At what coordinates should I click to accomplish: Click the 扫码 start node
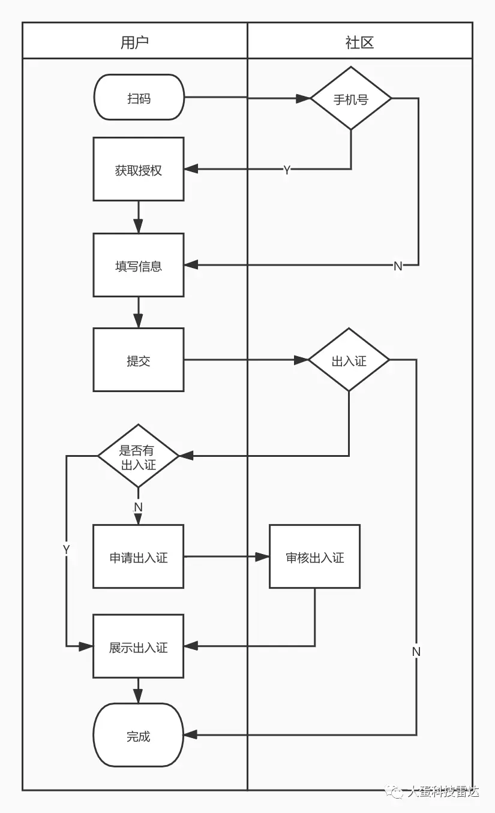[139, 97]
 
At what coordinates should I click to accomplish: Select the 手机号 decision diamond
[350, 99]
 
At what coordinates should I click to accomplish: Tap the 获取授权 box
[139, 169]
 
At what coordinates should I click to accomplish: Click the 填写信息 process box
[139, 265]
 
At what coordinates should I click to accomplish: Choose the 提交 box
[139, 360]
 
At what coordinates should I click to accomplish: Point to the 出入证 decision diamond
[349, 360]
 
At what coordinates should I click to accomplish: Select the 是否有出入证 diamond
[139, 456]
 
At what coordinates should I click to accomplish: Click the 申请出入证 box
[139, 556]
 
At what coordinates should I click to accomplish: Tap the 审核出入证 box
[314, 556]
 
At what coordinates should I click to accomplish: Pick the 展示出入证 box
[139, 646]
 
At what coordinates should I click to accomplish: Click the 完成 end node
[139, 735]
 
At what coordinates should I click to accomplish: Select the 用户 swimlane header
[135, 41]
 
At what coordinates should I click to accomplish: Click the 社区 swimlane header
[359, 41]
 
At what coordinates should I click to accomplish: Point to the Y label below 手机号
[287, 170]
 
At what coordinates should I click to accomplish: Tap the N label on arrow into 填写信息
[397, 266]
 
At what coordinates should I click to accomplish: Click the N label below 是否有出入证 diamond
[138, 507]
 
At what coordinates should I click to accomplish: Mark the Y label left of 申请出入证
[66, 549]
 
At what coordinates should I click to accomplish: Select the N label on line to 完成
[416, 651]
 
